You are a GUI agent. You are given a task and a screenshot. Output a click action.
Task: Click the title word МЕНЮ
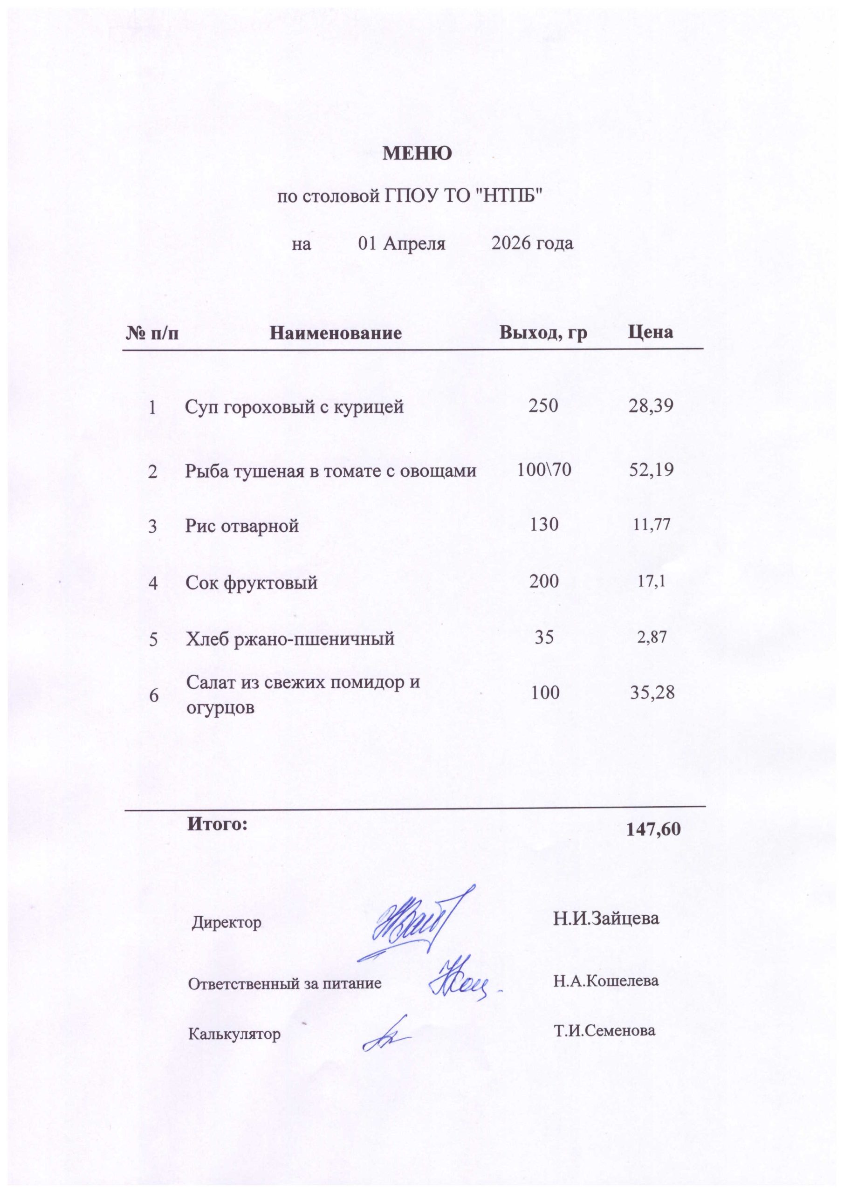[x=417, y=154]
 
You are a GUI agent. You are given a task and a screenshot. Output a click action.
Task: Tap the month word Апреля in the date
[x=414, y=244]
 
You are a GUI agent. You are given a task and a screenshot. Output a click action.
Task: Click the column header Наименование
[x=336, y=333]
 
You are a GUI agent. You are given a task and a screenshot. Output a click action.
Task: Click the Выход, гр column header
[x=543, y=333]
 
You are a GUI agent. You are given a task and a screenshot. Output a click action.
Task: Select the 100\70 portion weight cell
[x=544, y=470]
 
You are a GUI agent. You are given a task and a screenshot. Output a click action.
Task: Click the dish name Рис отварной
[x=242, y=526]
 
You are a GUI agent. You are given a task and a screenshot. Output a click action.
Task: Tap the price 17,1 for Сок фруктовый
[x=651, y=581]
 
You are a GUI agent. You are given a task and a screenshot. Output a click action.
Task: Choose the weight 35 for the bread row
[x=544, y=637]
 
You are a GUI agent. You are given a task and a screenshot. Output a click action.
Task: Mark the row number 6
[x=154, y=696]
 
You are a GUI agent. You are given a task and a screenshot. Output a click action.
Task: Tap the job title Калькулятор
[x=234, y=1034]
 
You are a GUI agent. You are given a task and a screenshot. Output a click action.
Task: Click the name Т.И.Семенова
[x=604, y=1030]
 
